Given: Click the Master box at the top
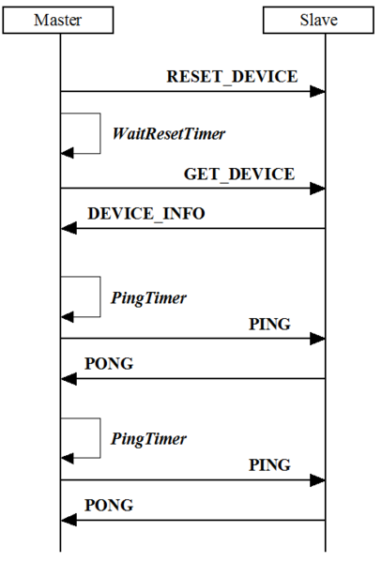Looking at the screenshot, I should tap(58, 19).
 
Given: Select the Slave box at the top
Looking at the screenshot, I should tap(324, 19).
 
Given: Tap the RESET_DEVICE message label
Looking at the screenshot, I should tap(232, 76).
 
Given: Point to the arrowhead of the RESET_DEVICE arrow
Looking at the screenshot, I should tap(318, 92).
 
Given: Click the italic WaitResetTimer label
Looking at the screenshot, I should tap(169, 134).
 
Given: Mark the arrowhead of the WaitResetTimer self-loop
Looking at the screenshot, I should tap(67, 152).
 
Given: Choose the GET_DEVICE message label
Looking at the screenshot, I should tap(238, 174).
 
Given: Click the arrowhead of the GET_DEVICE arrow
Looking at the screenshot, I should tap(318, 189).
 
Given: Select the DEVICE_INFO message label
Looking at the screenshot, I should tap(146, 213).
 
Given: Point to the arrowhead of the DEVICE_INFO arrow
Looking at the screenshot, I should tap(67, 228).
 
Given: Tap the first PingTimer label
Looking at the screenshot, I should tap(148, 298).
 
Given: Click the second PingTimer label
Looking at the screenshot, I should tap(148, 438).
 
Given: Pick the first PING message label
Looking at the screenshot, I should tap(269, 324).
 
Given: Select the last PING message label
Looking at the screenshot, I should tap(269, 464).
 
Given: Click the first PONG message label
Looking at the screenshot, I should tap(109, 363).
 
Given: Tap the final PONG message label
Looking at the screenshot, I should tap(109, 505).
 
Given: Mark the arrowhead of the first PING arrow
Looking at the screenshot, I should tap(318, 339).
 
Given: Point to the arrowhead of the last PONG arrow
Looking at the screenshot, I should tap(67, 520).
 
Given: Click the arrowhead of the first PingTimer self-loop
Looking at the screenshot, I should tap(67, 317).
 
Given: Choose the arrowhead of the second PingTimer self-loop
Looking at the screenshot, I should tap(67, 458).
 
